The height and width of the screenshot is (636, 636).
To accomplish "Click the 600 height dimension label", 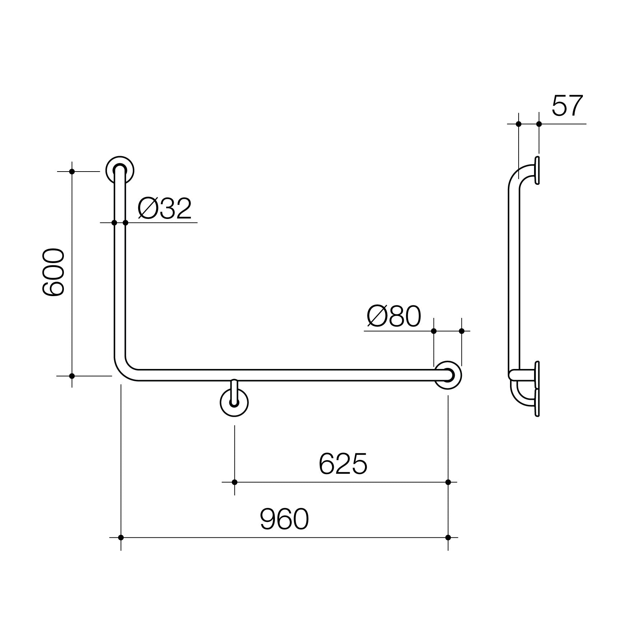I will click(x=53, y=272).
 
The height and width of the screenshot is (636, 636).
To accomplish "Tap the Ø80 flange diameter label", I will click(x=393, y=317).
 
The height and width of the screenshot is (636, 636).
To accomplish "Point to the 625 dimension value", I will click(x=343, y=464).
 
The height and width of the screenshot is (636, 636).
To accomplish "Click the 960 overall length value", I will click(x=284, y=519).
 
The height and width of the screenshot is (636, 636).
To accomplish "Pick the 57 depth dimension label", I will click(x=567, y=106).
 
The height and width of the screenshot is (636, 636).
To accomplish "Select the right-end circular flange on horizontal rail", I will click(x=448, y=375).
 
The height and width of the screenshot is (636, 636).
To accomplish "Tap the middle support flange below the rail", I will click(x=234, y=403).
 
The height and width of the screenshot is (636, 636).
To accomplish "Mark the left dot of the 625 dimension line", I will click(x=234, y=482).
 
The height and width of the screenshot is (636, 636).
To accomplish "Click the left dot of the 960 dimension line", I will click(x=121, y=537).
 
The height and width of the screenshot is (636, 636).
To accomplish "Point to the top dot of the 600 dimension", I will click(x=72, y=172).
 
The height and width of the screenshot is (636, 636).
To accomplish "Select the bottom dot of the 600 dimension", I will click(x=72, y=376).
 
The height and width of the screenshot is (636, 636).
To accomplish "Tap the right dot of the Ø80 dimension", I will click(x=462, y=331).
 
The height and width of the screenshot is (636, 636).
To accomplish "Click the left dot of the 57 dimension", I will click(x=518, y=124).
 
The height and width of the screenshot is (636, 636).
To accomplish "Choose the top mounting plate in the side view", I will click(x=537, y=170).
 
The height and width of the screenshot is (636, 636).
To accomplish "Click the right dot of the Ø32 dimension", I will click(x=125, y=223).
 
